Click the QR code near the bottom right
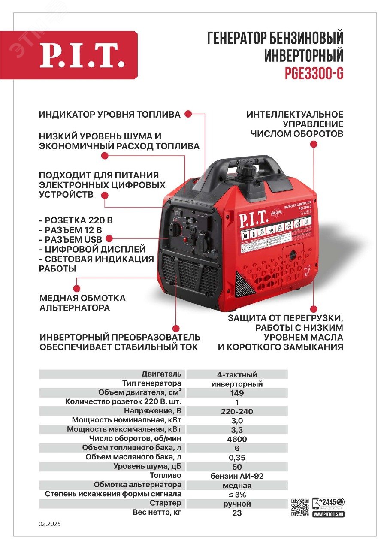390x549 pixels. (x=300, y=508)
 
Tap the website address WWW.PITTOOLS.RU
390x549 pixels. (x=329, y=513)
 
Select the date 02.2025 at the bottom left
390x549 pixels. (x=50, y=524)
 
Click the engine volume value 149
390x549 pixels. (x=237, y=393)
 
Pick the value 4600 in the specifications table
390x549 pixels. (x=237, y=439)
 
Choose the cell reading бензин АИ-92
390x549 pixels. (x=237, y=476)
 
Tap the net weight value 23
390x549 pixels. (x=237, y=513)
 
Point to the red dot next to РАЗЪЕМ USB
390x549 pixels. (x=109, y=239)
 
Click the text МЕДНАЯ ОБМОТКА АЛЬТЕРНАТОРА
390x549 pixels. (x=82, y=303)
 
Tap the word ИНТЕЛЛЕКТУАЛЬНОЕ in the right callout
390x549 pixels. (x=295, y=115)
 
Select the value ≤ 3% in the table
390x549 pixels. (x=237, y=495)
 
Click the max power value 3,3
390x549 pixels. (x=237, y=430)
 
